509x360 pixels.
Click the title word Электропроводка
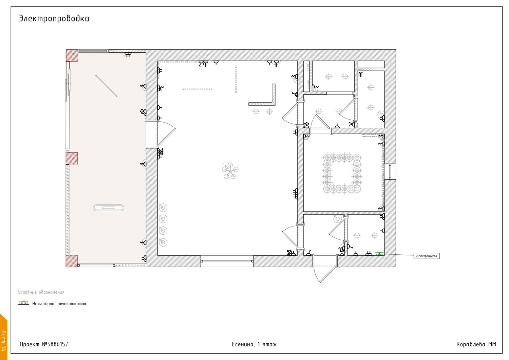[x=54, y=19]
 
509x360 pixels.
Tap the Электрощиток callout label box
[x=427, y=256]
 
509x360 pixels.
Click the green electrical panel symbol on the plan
[x=379, y=254]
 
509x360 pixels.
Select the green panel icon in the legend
[x=23, y=303]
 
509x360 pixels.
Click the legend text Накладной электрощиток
[x=59, y=304]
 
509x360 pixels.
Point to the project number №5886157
[x=55, y=344]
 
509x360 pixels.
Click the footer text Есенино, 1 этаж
[x=254, y=344]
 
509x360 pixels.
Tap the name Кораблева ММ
[x=476, y=344]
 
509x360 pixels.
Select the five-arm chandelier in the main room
[x=230, y=171]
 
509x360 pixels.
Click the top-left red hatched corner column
[x=72, y=55]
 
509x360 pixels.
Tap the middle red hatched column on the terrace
[x=72, y=158]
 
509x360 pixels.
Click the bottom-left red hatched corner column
[x=72, y=261]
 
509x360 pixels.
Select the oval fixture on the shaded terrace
[x=108, y=208]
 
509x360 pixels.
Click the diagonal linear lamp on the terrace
[x=106, y=86]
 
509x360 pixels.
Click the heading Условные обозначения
[x=42, y=292]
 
